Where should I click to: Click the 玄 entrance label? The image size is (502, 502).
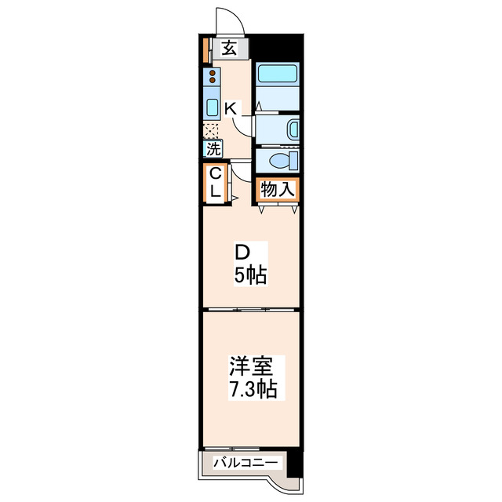pos(230,49)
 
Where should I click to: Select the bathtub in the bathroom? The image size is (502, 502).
pos(277,74)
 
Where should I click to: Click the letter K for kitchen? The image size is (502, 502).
pos(231,109)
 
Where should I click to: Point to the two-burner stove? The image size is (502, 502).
pos(212,76)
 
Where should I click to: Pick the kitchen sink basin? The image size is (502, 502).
pos(212,107)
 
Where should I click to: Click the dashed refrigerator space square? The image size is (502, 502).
pos(211,131)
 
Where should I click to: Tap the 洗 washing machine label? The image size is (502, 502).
pos(213,149)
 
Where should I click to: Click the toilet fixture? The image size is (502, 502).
pos(284,161)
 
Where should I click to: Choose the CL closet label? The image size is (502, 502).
pos(216,183)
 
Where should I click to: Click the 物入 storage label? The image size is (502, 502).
pos(277,190)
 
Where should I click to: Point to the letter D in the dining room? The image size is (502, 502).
pos(242,253)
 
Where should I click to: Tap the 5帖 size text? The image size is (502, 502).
pos(250,275)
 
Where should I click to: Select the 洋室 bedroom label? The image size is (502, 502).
pos(250,366)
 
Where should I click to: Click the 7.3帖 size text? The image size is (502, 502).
pos(253,389)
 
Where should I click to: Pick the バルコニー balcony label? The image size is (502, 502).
pos(246,463)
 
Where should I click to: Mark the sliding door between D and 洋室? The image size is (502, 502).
pos(251,310)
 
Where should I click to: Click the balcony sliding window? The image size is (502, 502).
pos(232,449)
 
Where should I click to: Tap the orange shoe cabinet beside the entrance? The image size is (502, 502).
pos(206,50)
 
